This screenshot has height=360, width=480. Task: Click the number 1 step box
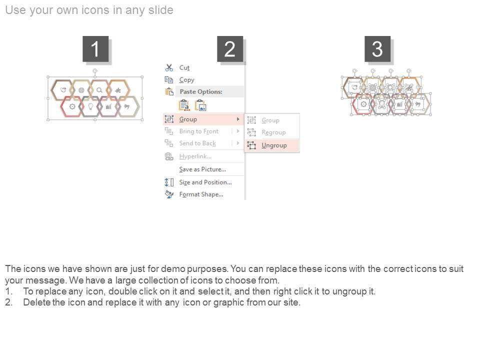click(95, 48)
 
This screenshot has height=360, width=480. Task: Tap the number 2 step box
click(230, 48)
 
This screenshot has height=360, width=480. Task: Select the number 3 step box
click(377, 48)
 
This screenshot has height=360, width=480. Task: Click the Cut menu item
click(184, 67)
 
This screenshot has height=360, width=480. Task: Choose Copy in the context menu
click(186, 80)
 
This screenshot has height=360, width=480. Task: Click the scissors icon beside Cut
click(169, 67)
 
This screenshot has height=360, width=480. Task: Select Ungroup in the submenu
click(274, 145)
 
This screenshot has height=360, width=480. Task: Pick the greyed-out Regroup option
click(273, 132)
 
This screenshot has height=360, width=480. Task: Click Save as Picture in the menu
click(202, 169)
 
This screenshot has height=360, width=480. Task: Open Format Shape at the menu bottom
click(201, 194)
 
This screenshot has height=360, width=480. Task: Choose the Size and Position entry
click(205, 182)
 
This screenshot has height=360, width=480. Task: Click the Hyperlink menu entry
click(195, 156)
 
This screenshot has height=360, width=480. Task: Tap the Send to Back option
click(197, 143)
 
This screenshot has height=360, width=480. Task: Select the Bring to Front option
click(198, 131)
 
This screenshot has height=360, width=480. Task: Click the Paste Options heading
click(201, 91)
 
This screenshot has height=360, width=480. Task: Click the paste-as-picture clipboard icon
click(200, 105)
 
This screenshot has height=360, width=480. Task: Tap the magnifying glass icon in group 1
click(99, 90)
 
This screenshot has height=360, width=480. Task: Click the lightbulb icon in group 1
click(90, 106)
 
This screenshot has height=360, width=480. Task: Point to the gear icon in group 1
click(72, 106)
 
